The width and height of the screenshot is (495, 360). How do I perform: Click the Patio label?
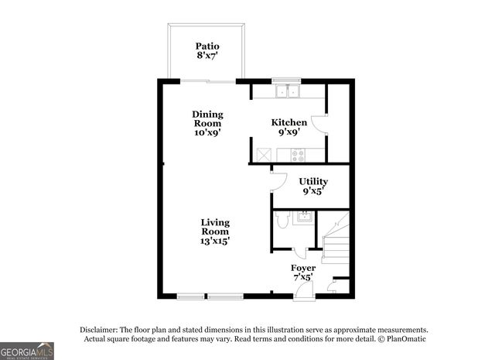[x=207, y=51]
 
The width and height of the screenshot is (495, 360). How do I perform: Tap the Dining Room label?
[x=207, y=123]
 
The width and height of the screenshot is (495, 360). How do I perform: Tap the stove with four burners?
[x=298, y=155]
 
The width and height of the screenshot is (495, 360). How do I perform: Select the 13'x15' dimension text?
[x=216, y=241]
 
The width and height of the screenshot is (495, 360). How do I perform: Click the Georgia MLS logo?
[x=27, y=351]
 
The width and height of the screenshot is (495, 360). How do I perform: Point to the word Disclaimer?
[x=103, y=329]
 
